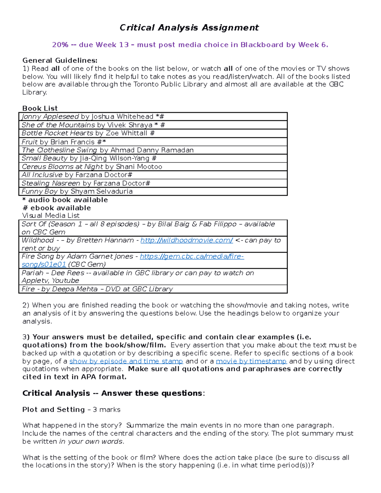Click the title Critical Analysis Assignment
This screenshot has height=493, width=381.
pos(189,28)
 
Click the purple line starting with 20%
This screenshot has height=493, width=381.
pos(190,45)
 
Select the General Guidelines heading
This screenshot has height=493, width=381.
pos(60,60)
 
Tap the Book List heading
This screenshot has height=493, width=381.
pos(40,108)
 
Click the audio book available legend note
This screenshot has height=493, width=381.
pos(65,200)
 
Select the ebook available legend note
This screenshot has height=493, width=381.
pos(57,208)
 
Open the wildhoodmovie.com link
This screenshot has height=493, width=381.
pos(187,240)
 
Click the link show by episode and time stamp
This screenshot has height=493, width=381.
pos(126,361)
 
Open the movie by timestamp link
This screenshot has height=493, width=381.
pos(251,361)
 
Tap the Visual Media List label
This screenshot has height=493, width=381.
pos(51,216)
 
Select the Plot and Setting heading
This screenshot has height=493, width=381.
pos(53,410)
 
